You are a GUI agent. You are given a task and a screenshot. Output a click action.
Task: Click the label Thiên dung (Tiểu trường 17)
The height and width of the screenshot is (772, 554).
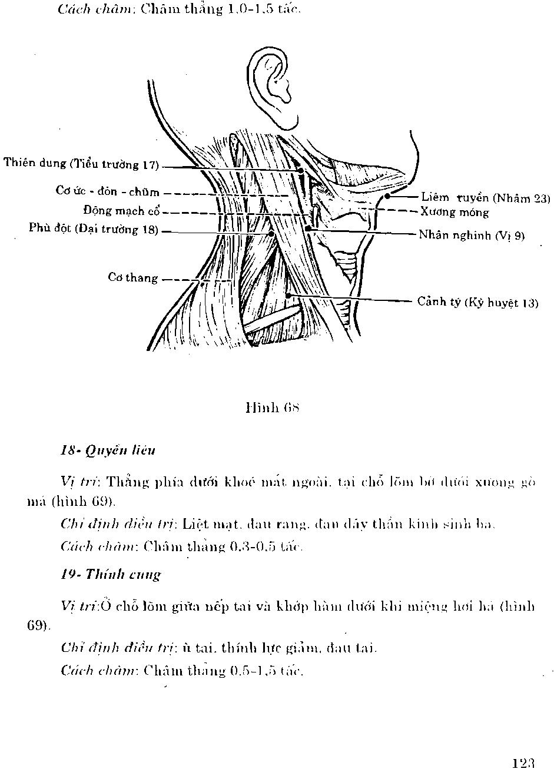81,164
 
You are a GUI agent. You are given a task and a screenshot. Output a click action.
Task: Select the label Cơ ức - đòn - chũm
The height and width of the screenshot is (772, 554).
107,191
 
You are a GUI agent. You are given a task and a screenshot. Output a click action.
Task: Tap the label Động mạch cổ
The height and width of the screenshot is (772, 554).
122,211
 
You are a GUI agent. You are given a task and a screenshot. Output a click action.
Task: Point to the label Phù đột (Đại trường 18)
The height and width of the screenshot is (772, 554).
94,228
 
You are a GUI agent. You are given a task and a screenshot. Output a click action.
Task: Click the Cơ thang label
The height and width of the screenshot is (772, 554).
132,277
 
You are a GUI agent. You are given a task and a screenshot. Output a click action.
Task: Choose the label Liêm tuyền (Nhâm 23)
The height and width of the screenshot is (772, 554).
485,198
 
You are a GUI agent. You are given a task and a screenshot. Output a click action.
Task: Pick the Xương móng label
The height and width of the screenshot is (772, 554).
455,212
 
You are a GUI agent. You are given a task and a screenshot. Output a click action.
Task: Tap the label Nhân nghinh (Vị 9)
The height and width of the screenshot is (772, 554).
471,236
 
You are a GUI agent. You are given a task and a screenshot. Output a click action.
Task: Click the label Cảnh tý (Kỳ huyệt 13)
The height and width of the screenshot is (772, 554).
477,303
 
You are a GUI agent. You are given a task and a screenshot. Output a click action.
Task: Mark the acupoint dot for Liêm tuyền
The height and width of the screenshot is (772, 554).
387,196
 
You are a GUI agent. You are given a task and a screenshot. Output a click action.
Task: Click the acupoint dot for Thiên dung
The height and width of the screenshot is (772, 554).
301,171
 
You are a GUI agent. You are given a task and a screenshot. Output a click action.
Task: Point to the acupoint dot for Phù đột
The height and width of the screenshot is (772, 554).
271,234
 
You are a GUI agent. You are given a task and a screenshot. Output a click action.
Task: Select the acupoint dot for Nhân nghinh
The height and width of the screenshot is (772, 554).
308,228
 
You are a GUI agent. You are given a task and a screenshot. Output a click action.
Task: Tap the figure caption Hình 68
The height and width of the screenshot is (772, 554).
273,407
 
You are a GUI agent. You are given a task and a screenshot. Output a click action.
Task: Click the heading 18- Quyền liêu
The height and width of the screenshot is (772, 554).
108,451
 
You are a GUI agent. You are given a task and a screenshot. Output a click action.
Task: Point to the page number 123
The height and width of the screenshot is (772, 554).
522,763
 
